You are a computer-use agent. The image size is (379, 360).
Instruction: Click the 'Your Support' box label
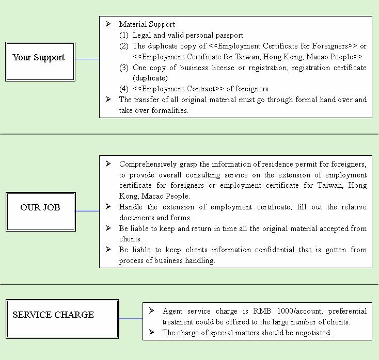point(39,58)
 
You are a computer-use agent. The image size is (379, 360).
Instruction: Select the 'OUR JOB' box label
point(40,207)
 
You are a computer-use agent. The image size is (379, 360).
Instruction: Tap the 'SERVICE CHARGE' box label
point(53,315)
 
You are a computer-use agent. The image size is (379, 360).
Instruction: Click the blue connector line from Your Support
point(87,59)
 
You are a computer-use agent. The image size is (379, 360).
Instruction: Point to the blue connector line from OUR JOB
point(87,211)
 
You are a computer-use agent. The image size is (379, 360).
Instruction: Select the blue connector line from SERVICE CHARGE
point(131,319)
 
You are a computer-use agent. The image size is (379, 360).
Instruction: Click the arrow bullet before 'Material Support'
point(108,24)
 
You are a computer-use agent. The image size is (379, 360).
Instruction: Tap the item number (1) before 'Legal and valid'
point(124,35)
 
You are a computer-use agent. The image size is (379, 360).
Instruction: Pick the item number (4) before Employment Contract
point(124,89)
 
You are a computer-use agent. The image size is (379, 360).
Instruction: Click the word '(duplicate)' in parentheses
point(150,78)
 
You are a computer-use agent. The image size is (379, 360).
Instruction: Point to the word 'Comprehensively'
point(148,165)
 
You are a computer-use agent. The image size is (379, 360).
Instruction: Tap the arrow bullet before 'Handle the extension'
point(108,206)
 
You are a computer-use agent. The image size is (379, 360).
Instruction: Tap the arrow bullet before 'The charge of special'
point(152,332)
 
